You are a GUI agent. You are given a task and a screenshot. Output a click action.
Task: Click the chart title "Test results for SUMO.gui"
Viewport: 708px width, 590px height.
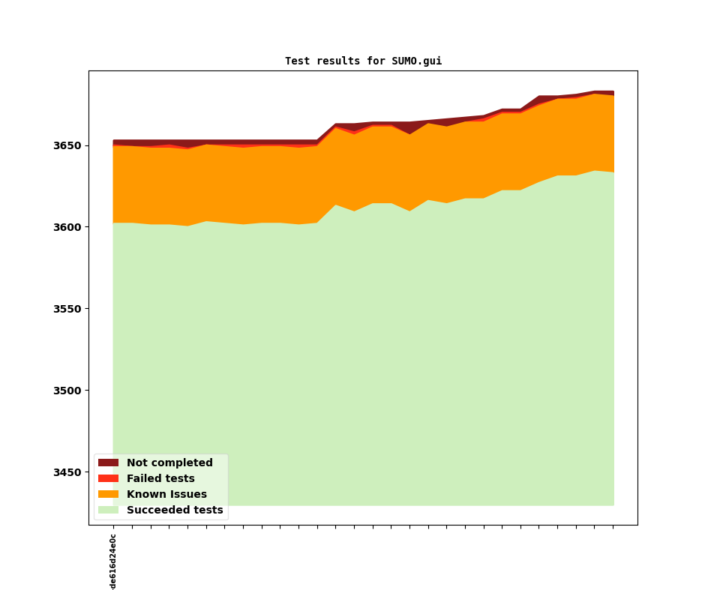pyautogui.click(x=363, y=61)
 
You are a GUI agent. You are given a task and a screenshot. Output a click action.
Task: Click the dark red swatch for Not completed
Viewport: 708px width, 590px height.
pyautogui.click(x=108, y=463)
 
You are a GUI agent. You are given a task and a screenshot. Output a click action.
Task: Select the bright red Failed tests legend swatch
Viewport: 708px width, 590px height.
pyautogui.click(x=108, y=479)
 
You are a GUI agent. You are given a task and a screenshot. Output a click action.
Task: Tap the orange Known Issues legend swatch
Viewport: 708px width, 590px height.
pyautogui.click(x=108, y=495)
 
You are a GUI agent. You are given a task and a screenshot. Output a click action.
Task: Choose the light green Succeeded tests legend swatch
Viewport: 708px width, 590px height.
pyautogui.click(x=108, y=511)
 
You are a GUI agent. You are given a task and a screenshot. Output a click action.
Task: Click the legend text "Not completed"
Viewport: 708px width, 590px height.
pyautogui.click(x=169, y=463)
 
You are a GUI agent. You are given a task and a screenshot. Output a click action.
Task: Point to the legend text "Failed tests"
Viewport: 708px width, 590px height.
pyautogui.click(x=160, y=479)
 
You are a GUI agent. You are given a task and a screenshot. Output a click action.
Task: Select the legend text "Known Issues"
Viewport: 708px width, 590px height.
pyautogui.click(x=166, y=495)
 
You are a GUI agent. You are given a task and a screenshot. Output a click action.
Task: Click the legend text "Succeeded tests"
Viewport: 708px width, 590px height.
pyautogui.click(x=175, y=511)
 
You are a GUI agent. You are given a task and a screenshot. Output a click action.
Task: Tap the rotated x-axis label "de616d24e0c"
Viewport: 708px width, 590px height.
pyautogui.click(x=113, y=562)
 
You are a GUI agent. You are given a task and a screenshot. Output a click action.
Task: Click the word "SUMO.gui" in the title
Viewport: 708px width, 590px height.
pyautogui.click(x=416, y=61)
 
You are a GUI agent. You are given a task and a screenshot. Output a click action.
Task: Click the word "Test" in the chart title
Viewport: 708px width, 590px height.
pyautogui.click(x=297, y=61)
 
